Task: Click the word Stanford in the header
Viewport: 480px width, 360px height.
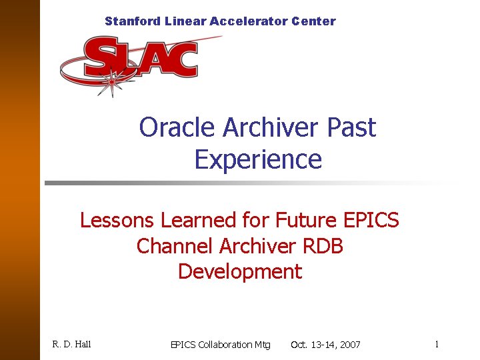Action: click(132, 21)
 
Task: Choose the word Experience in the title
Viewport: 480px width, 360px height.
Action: click(258, 160)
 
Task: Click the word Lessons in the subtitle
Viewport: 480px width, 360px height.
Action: click(115, 220)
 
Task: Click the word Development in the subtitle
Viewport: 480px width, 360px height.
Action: click(240, 272)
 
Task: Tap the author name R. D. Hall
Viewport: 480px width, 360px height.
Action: click(71, 345)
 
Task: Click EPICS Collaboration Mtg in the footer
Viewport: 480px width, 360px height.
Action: click(221, 345)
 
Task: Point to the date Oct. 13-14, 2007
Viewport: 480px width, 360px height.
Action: click(325, 345)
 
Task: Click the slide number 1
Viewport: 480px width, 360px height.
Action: click(436, 345)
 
